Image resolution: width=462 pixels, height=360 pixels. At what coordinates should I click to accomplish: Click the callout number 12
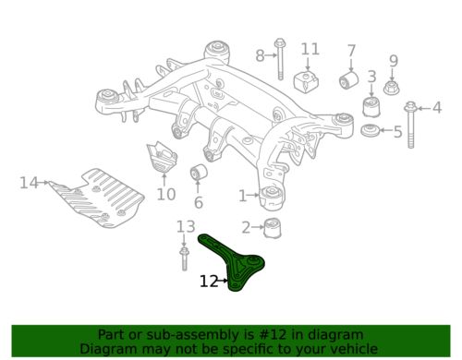209,282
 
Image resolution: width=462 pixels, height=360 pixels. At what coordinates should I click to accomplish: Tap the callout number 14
29,183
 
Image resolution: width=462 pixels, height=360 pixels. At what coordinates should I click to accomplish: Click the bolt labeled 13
184,259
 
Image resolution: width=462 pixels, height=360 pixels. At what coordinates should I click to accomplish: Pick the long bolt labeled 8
280,59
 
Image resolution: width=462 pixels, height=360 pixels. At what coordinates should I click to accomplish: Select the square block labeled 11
306,81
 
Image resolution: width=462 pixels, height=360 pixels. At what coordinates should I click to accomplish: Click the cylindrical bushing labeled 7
349,79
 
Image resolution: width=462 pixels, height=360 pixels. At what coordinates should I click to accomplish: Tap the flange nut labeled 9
392,88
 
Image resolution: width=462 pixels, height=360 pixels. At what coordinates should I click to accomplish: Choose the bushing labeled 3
371,106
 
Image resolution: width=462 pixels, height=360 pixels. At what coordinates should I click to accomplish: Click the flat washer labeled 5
370,130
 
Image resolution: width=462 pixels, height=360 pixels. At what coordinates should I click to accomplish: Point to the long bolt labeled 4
410,125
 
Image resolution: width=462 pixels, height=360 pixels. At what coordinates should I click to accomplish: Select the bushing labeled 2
273,228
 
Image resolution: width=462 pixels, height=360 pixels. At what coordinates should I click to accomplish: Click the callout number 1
243,196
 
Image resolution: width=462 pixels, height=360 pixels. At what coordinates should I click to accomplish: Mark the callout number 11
310,49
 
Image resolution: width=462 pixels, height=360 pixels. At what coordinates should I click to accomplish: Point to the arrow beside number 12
224,281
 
